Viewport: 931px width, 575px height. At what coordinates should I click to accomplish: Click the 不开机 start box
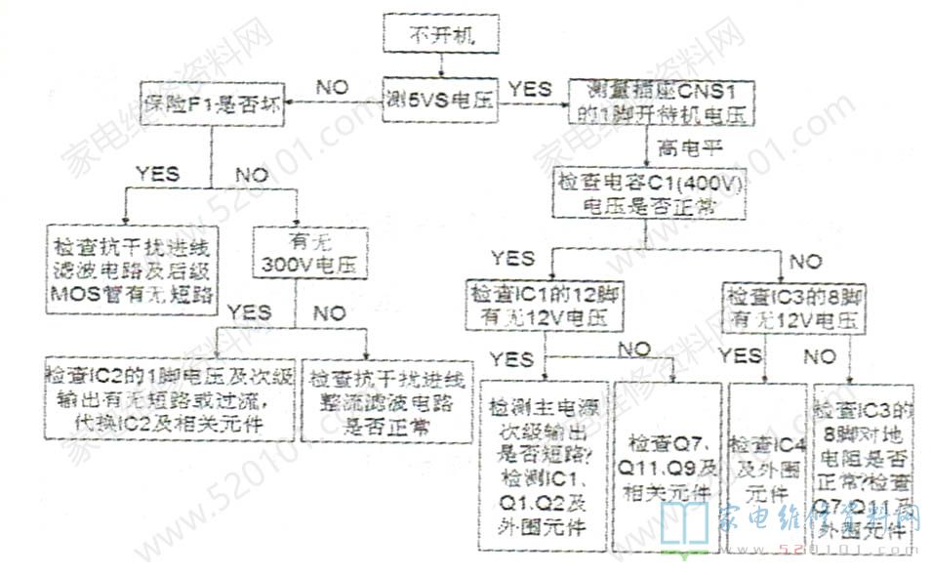[442, 37]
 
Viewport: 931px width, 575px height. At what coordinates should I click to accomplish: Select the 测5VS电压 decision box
[440, 99]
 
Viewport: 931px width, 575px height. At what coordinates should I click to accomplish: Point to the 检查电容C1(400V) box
[650, 193]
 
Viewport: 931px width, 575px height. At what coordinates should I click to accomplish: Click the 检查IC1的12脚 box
[546, 307]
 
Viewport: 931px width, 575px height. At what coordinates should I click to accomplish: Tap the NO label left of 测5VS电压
[333, 87]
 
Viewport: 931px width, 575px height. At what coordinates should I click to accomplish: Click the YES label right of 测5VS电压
[531, 87]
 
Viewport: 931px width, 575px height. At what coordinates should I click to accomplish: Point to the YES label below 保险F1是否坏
[158, 174]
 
